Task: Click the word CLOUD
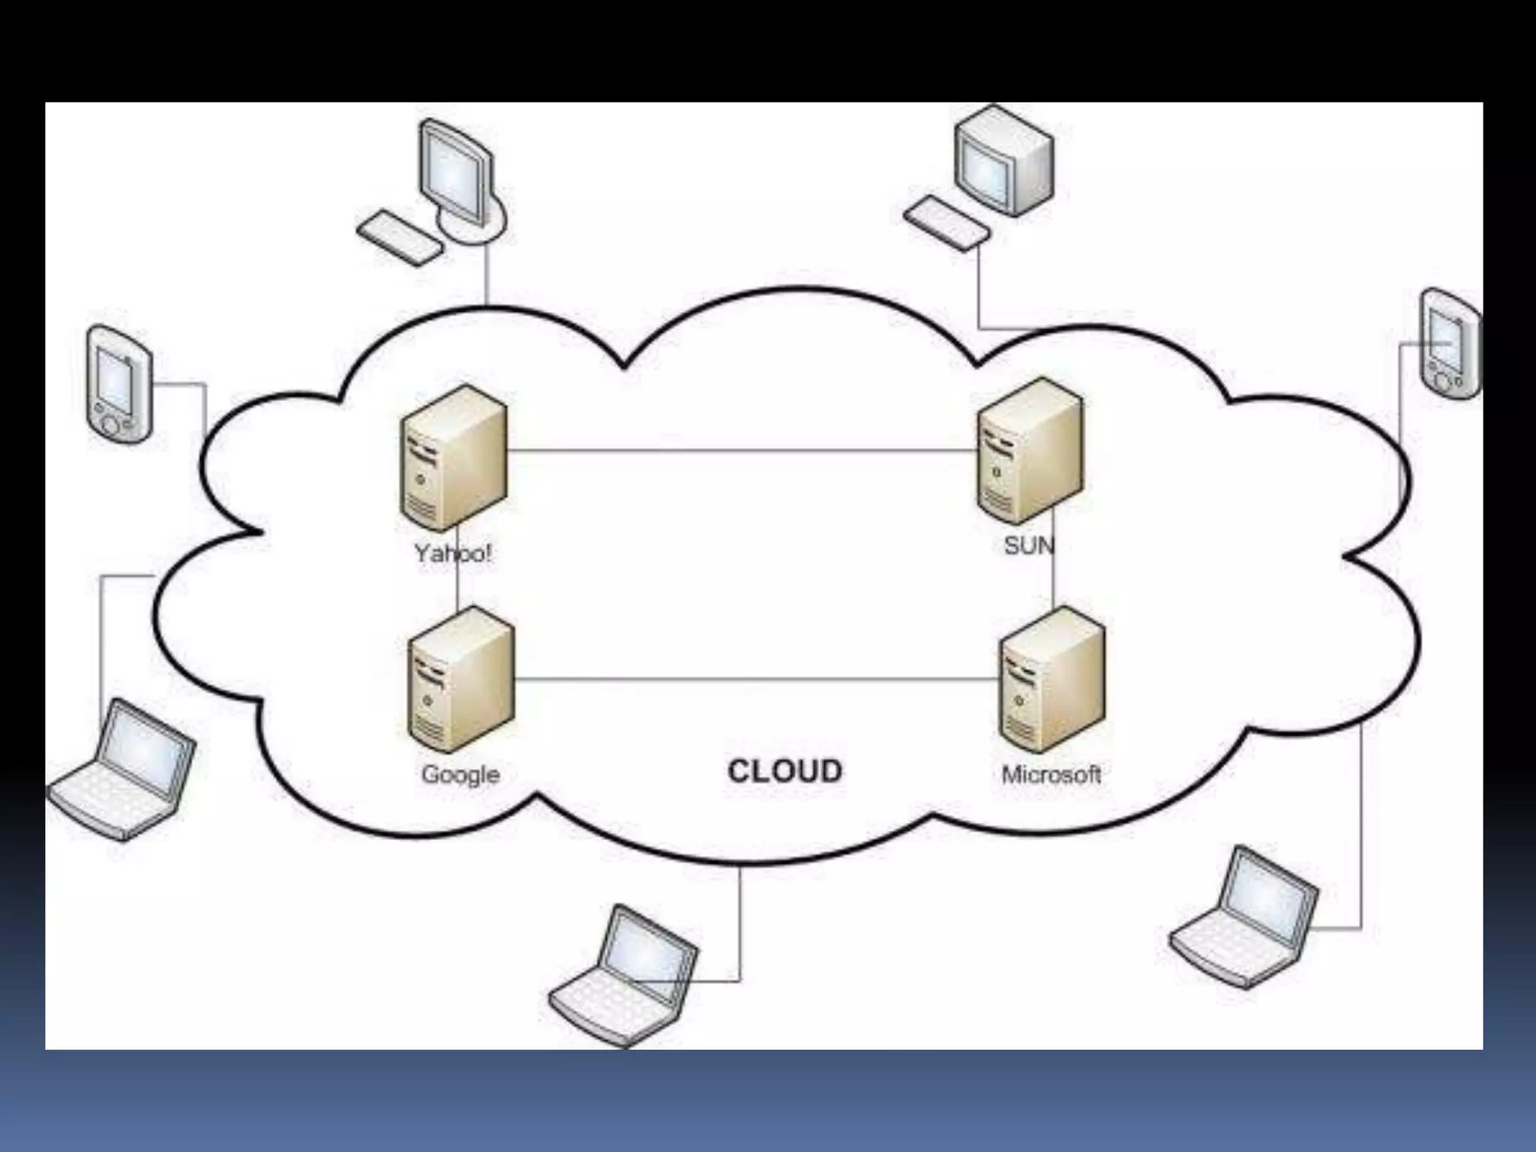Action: click(x=784, y=771)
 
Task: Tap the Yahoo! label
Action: click(x=453, y=553)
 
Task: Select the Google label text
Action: click(x=460, y=774)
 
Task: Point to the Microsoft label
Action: click(x=1051, y=774)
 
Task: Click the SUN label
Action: click(x=1028, y=545)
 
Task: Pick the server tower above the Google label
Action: click(x=461, y=679)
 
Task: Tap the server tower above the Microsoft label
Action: click(x=1052, y=679)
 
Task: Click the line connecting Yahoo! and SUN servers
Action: click(x=742, y=451)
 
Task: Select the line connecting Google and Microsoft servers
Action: click(x=757, y=679)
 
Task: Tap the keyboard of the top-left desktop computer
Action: click(x=399, y=238)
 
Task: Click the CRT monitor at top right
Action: click(x=1003, y=161)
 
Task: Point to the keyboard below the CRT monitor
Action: click(x=946, y=223)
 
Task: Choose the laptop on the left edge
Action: click(x=122, y=769)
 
